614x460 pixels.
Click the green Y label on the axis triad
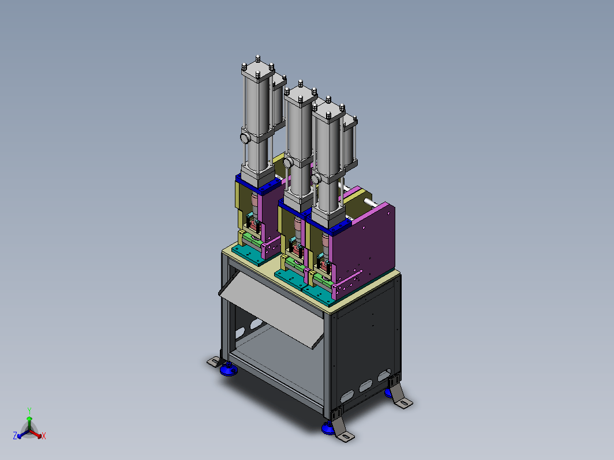(x=29, y=410)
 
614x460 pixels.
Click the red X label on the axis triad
(x=43, y=436)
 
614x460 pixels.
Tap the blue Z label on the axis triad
(x=15, y=436)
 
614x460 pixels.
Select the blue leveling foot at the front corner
(x=328, y=428)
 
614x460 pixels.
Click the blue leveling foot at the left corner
(x=229, y=369)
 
